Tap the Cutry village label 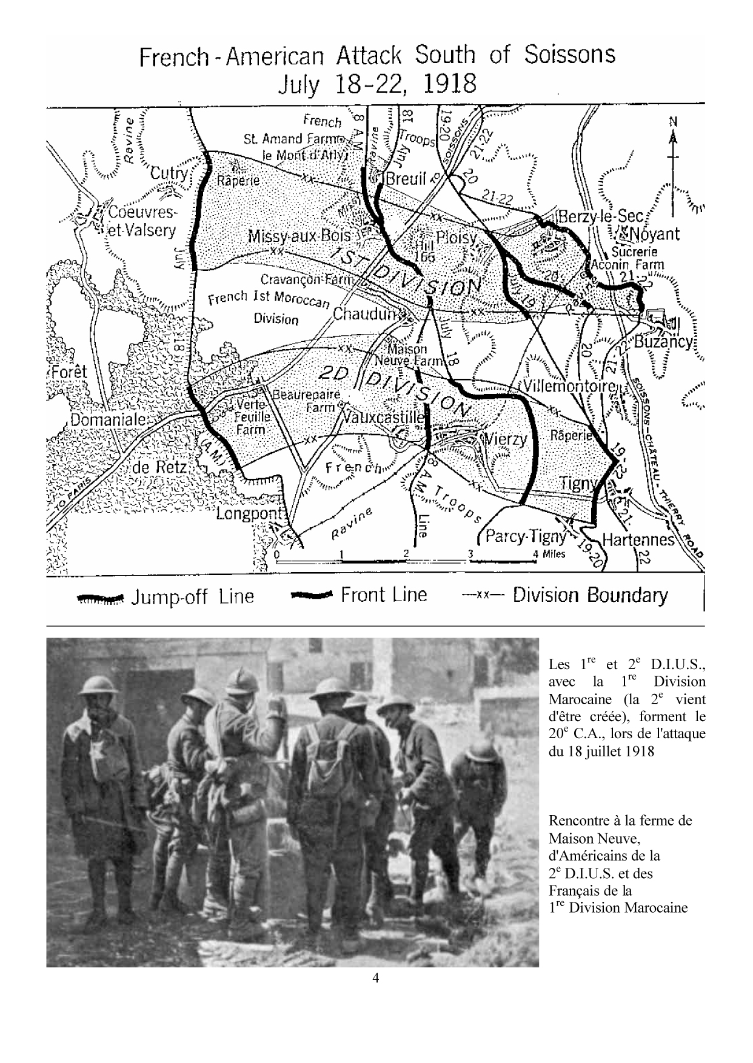pyautogui.click(x=169, y=173)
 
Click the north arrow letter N pyautogui.click(x=672, y=121)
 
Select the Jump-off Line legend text pyautogui.click(x=193, y=597)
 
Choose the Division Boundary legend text pyautogui.click(x=590, y=595)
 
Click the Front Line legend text pyautogui.click(x=384, y=595)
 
